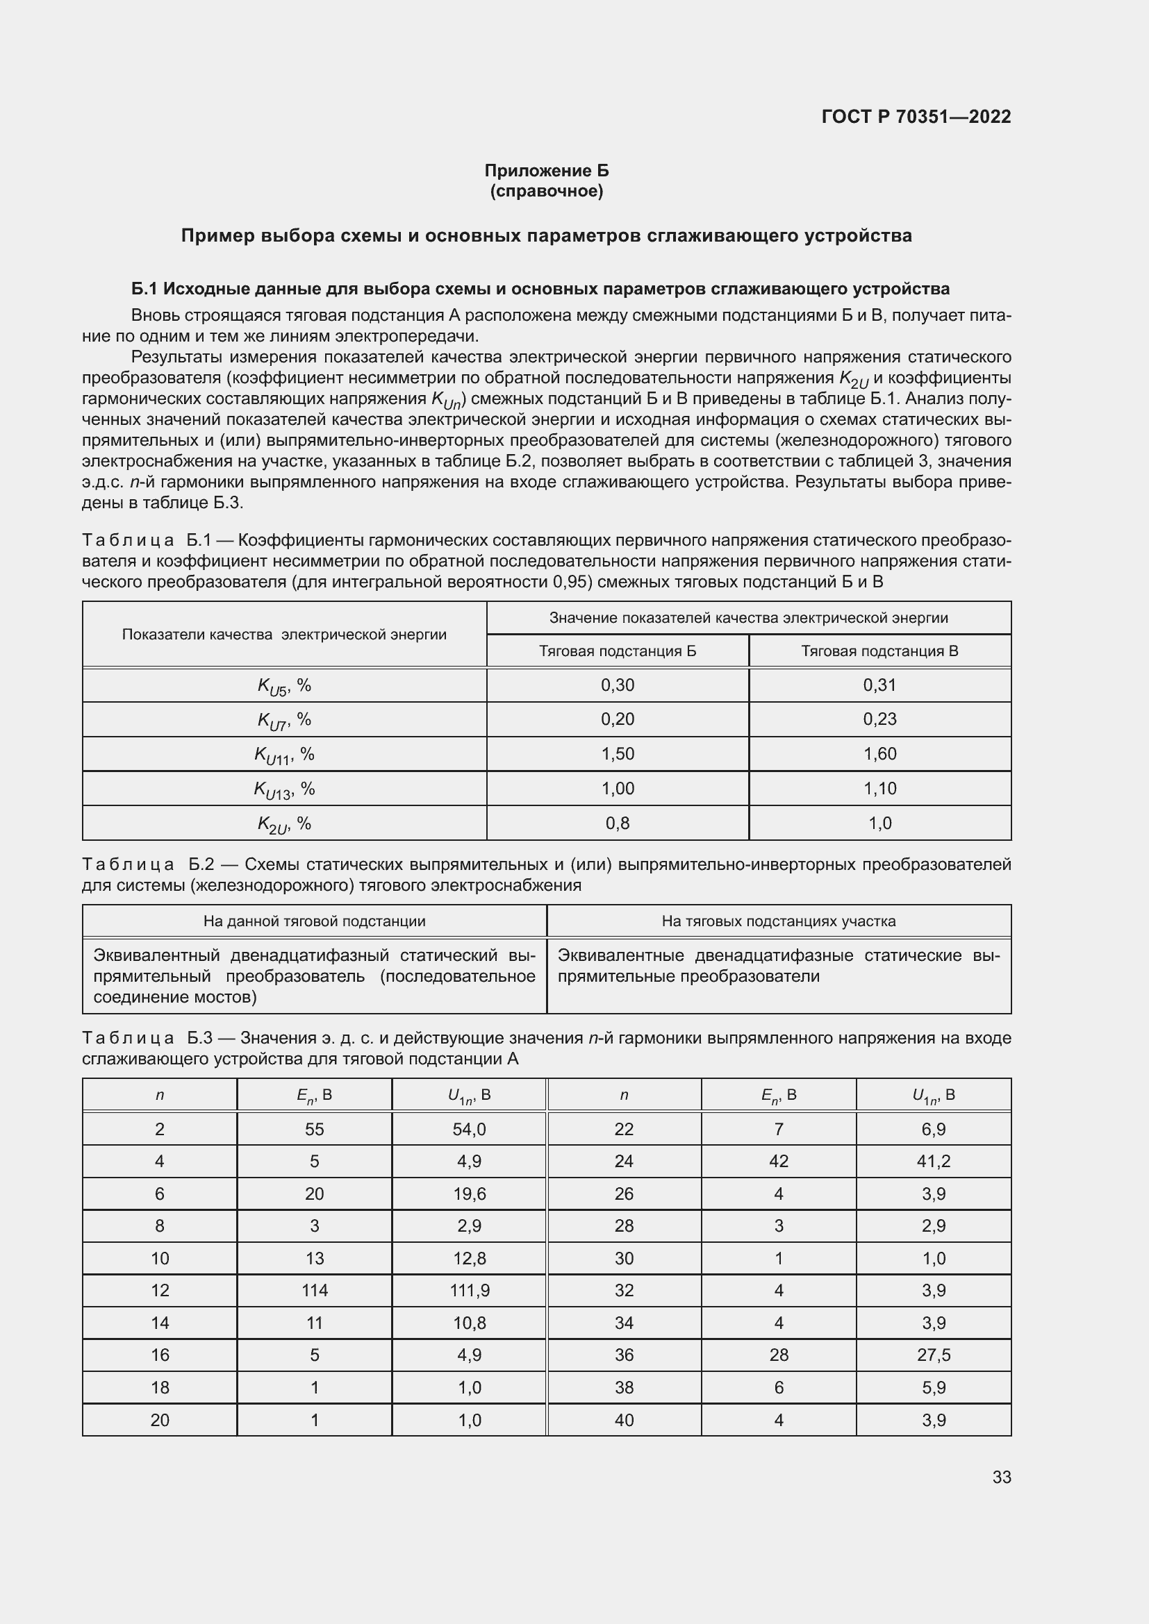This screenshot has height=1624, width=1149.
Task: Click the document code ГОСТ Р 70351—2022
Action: click(x=916, y=117)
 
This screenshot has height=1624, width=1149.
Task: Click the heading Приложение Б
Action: click(x=546, y=171)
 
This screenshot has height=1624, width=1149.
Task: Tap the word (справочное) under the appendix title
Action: click(x=546, y=191)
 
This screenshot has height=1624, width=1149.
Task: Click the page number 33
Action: click(x=1001, y=1477)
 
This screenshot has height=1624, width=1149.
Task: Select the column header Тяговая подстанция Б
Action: click(x=617, y=651)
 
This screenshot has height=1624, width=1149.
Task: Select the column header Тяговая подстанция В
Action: click(x=879, y=651)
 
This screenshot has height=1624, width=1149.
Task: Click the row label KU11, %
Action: click(x=283, y=755)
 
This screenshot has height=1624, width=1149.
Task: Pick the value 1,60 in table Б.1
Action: click(x=879, y=754)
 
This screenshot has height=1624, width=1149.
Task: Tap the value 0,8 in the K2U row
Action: click(x=617, y=823)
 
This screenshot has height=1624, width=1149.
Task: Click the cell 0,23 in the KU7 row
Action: click(x=879, y=719)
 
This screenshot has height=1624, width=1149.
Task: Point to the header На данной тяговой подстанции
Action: click(x=314, y=921)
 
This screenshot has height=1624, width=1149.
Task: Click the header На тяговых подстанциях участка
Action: click(x=778, y=921)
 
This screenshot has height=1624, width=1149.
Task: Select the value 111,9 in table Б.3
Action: click(x=469, y=1290)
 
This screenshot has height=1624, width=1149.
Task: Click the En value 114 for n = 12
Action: click(x=314, y=1290)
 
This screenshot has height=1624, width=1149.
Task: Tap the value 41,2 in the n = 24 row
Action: click(x=933, y=1161)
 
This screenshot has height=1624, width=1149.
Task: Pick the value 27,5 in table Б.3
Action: click(x=933, y=1355)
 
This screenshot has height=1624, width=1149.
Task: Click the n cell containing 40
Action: click(x=623, y=1420)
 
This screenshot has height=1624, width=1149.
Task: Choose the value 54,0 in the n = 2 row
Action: click(x=469, y=1129)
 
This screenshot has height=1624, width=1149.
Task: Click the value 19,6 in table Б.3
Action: click(x=469, y=1194)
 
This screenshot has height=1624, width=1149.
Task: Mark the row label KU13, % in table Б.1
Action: click(x=283, y=789)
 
